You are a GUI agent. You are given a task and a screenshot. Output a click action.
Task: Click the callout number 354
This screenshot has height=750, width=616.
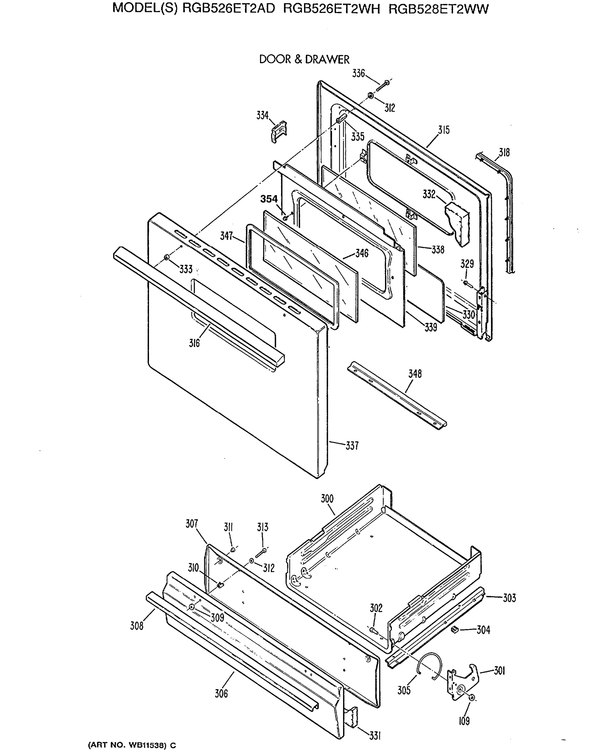[x=269, y=199]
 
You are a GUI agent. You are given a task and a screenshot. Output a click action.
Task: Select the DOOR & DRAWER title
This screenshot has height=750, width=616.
[x=304, y=59]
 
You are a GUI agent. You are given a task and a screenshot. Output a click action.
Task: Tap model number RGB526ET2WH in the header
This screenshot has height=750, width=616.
[x=331, y=8]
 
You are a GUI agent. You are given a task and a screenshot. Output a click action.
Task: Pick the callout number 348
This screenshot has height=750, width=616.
[x=415, y=374]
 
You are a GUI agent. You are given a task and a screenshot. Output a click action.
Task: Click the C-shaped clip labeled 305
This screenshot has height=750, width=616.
[x=430, y=666]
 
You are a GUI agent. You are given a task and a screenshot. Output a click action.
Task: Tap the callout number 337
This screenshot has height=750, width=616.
[x=352, y=446]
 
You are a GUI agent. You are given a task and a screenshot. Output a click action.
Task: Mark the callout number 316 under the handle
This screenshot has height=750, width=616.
[x=194, y=343]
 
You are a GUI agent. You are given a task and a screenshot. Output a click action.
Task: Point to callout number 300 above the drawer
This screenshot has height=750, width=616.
[x=327, y=499]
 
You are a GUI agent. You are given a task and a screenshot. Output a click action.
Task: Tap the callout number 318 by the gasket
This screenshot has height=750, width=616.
[x=504, y=152]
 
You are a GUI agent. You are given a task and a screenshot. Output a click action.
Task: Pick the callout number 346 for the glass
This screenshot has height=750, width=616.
[x=362, y=253]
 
